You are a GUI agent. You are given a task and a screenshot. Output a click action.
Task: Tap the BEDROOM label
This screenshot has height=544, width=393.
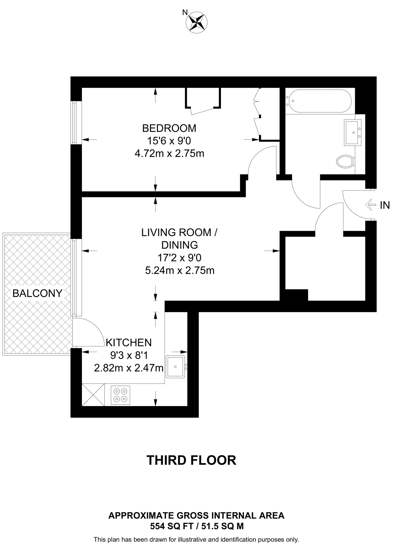click(169, 128)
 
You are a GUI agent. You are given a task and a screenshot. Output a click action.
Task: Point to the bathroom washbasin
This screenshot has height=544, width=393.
click(352, 132)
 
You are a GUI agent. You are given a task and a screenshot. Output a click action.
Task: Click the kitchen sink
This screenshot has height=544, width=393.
click(175, 367)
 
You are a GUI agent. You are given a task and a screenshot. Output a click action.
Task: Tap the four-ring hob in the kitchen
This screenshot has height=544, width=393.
click(120, 395)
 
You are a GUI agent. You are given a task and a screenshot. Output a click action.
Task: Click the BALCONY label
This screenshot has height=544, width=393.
click(37, 293)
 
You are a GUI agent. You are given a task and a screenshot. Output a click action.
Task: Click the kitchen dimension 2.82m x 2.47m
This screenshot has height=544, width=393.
click(129, 368)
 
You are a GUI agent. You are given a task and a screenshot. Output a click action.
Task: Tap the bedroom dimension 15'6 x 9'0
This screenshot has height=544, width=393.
click(169, 141)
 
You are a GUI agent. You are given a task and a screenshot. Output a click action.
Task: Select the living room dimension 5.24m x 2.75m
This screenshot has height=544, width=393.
click(180, 270)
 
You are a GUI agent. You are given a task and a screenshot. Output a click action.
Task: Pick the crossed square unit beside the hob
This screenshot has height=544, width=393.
click(93, 395)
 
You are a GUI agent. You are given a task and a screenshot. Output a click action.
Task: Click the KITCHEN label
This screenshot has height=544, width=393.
click(129, 343)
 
